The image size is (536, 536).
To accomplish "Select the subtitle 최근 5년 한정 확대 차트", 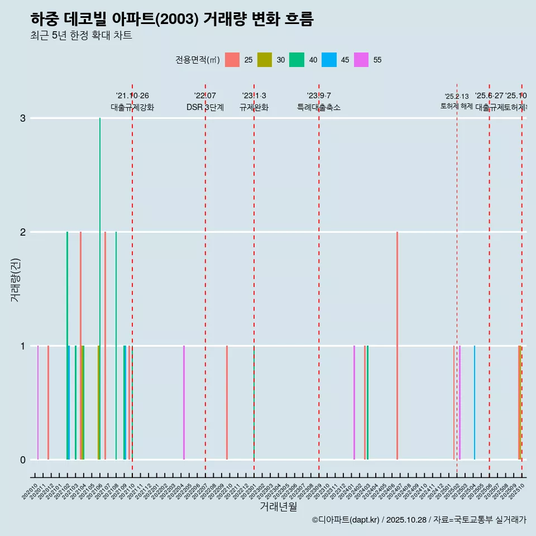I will point(81,36).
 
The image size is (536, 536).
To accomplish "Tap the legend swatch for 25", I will point(232,60).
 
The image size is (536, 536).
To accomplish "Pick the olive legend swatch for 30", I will point(264,60).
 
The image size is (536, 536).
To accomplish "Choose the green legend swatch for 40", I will point(296,60).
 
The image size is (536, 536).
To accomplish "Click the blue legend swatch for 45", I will point(329,60).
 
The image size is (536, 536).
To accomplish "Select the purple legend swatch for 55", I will point(361,60).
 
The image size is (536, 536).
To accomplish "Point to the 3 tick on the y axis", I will point(22,118).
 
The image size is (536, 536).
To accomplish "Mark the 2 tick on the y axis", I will point(22,232).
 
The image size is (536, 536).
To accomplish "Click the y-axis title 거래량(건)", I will point(15,279).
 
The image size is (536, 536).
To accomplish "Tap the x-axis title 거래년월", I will point(278,506).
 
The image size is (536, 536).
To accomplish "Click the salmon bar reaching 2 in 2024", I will point(397,346).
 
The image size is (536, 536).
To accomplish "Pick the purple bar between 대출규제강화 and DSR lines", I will point(184,402).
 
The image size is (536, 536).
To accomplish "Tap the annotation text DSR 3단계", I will point(205,107).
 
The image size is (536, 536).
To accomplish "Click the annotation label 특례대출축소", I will point(318,107).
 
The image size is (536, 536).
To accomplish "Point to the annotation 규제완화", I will point(254,107).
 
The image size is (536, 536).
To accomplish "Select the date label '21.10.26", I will point(132,95).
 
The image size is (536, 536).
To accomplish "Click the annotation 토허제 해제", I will point(456,106).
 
